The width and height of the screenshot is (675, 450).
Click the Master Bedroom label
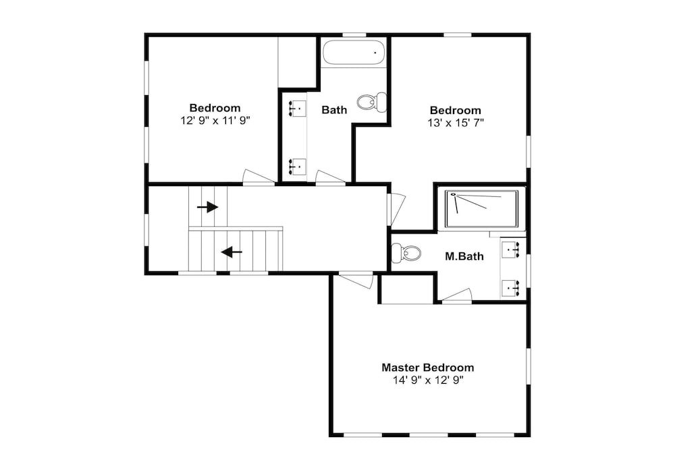427,368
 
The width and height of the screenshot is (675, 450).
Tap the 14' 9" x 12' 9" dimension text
428,381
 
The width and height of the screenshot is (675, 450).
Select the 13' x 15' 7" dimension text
456,123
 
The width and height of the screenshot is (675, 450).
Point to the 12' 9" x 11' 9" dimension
215,121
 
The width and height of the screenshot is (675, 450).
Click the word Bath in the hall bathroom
334,110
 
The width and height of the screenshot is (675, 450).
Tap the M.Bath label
464,256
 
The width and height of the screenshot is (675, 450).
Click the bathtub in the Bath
354,53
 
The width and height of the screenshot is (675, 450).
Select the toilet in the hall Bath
372,102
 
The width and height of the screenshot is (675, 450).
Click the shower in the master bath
481,208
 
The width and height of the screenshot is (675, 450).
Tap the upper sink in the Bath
297,109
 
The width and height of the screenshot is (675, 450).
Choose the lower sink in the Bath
297,167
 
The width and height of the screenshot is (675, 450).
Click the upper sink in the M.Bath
511,250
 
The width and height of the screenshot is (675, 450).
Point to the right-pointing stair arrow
207,207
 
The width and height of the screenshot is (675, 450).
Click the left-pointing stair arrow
232,252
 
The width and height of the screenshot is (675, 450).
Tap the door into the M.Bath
457,296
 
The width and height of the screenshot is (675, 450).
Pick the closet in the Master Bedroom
406,289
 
